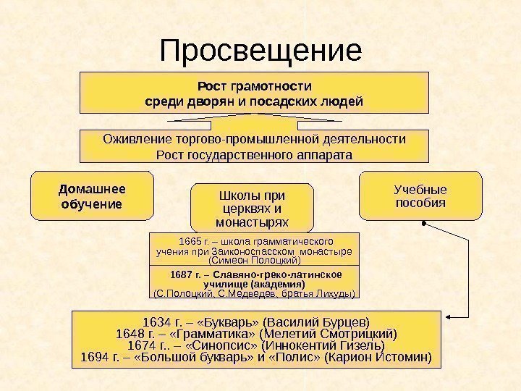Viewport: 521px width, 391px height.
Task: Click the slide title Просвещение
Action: (260, 50)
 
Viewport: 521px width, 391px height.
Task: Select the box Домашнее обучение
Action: (92, 195)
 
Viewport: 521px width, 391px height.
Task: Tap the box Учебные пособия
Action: (420, 195)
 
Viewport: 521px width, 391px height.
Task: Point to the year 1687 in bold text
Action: (182, 275)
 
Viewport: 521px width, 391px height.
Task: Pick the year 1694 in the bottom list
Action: (98, 358)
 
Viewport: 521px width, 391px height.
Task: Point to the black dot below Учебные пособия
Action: (424, 223)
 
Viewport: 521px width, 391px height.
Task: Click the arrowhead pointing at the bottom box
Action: (449, 316)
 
